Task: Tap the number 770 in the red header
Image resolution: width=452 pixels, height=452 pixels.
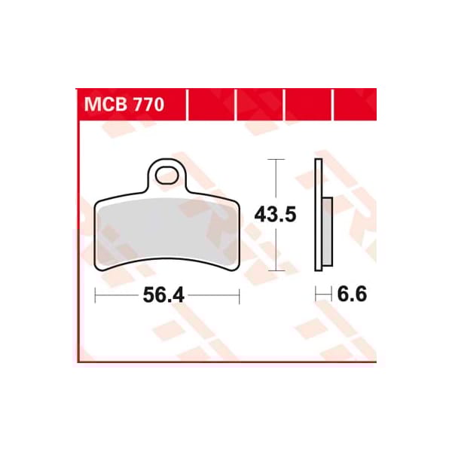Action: click(146, 105)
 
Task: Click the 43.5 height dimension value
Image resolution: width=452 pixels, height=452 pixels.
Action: click(275, 215)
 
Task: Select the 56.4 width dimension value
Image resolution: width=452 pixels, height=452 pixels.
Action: click(164, 296)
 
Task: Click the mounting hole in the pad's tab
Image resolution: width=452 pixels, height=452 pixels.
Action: click(167, 176)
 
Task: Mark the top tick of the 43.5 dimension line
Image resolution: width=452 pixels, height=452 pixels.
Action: click(277, 160)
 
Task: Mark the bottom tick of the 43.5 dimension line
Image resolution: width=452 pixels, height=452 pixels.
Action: click(277, 270)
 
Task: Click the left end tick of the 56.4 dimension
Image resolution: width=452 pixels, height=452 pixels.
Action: click(96, 296)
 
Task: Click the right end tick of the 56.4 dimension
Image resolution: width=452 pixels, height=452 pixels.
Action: click(238, 296)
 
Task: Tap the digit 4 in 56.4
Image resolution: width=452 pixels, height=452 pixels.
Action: click(179, 296)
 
